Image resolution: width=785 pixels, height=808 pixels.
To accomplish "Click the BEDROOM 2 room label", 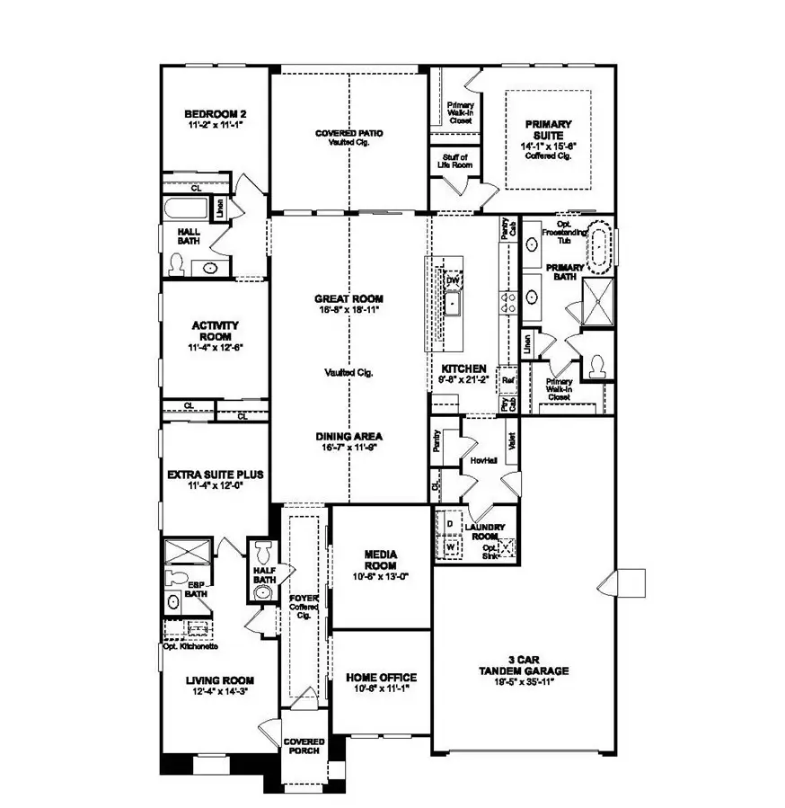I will (215, 114).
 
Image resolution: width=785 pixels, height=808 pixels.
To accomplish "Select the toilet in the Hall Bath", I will (178, 265).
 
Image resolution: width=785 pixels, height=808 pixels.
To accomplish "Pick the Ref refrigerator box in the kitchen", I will (507, 378).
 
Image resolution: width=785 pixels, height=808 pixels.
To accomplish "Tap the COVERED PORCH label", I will (304, 746).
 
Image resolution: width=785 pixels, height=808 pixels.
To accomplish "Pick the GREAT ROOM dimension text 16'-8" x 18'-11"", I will (348, 311).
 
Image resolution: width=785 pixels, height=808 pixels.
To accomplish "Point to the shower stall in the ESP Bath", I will (188, 550).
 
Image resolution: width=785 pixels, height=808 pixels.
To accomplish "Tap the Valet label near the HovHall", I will (509, 444).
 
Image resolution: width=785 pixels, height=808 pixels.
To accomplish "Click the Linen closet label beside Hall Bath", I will (221, 209).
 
